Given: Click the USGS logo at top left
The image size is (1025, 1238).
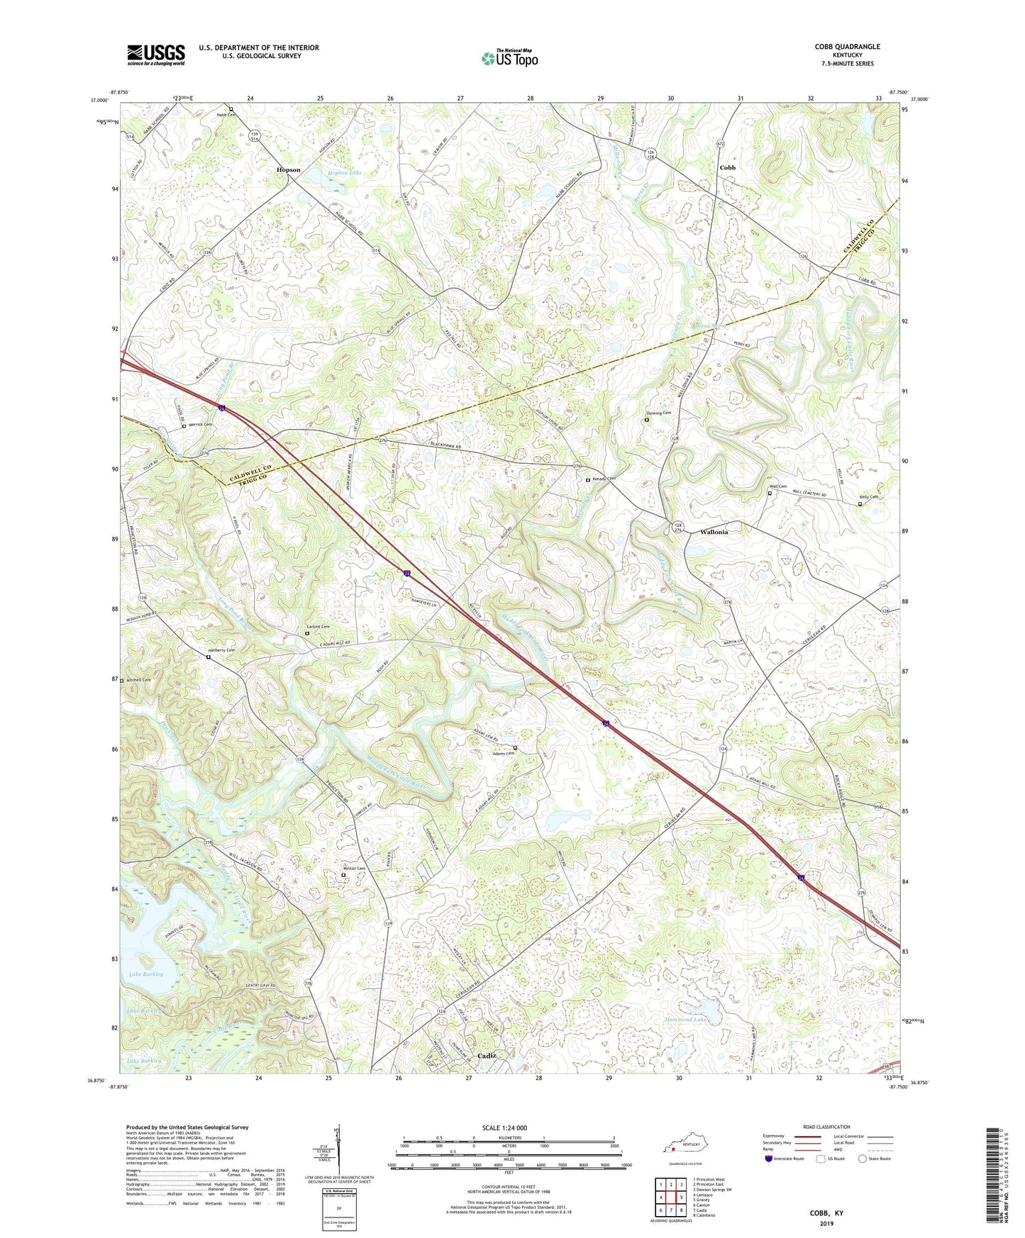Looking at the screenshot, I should tap(156, 55).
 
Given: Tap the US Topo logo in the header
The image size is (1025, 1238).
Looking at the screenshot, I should tap(509, 58).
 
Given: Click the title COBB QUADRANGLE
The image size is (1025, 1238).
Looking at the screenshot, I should tap(847, 47).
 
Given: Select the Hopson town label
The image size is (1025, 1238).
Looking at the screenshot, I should tap(288, 170).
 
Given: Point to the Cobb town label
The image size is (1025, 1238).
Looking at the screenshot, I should tap(727, 168).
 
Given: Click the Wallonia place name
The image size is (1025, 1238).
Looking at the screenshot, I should tap(714, 532).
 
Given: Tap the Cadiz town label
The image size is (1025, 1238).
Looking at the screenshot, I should tap(487, 1056).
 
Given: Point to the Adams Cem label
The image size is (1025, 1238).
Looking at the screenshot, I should tap(504, 754).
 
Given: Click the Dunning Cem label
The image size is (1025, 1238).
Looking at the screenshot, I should tap(658, 413).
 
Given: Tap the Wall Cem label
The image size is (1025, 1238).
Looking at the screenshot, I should tap(779, 486).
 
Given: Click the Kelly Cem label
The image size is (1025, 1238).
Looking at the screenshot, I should tap(869, 497).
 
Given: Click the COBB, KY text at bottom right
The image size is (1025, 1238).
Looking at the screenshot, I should tap(826, 1213).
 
